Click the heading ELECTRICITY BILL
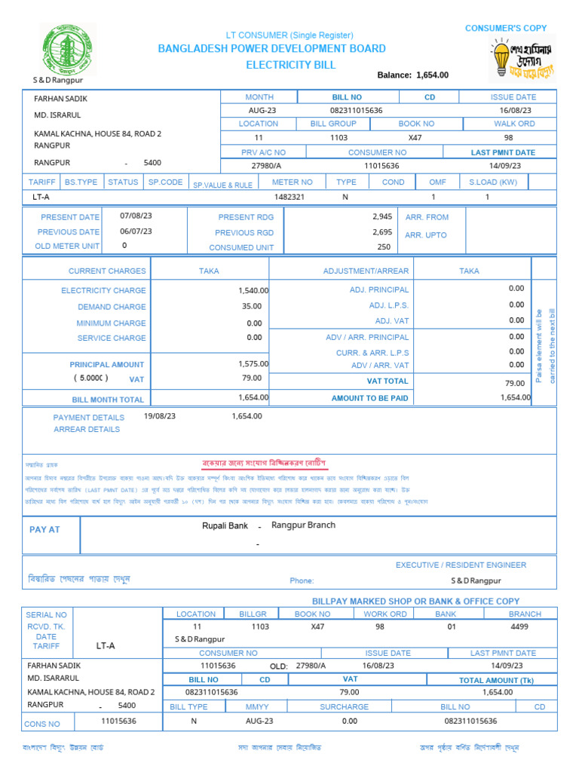[x=291, y=65]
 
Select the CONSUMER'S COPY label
[x=506, y=28]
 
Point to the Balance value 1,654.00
[x=432, y=75]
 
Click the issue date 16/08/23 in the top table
[x=516, y=110]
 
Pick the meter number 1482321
[x=289, y=197]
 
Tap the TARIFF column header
[x=41, y=182]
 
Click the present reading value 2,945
[x=382, y=216]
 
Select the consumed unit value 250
[x=384, y=247]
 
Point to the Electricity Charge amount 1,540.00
[x=253, y=290]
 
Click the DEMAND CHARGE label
[x=112, y=307]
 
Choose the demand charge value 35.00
[x=252, y=306]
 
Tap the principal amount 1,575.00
[x=253, y=364]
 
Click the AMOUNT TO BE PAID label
[x=369, y=398]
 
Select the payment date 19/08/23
[x=159, y=415]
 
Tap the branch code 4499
[x=519, y=626]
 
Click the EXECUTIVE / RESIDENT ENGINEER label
[x=461, y=565]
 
